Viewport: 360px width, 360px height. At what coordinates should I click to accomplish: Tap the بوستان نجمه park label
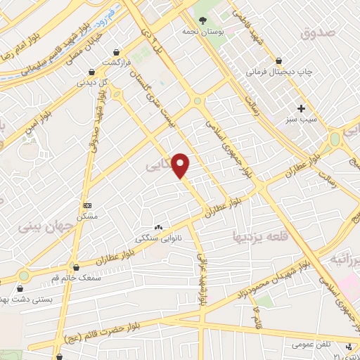pyautogui.click(x=201, y=32)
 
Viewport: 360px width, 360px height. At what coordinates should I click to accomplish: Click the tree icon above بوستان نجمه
pyautogui.click(x=202, y=19)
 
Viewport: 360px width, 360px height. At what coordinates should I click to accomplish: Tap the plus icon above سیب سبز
pyautogui.click(x=302, y=108)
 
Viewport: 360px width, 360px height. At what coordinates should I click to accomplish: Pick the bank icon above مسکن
pyautogui.click(x=87, y=205)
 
